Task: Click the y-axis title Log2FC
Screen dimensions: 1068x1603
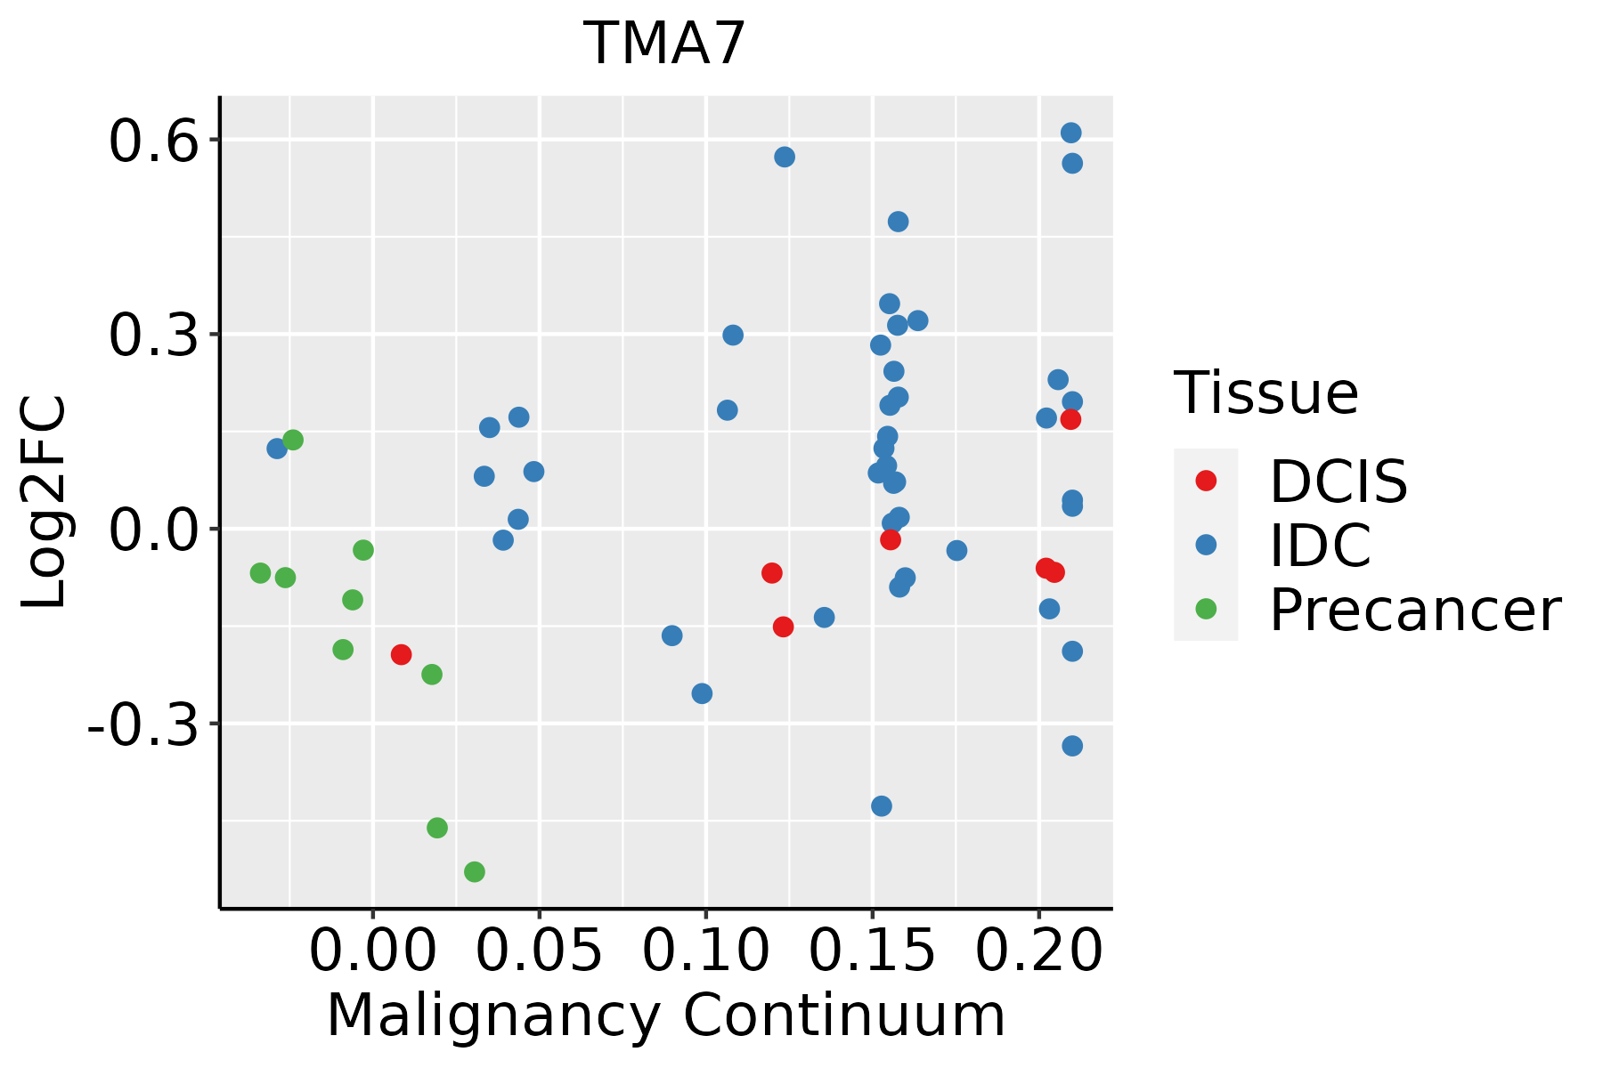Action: [45, 502]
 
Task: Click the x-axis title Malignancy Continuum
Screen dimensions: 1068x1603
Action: [666, 1016]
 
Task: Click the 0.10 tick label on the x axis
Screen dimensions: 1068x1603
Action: [705, 951]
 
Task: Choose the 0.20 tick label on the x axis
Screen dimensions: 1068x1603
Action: [1038, 951]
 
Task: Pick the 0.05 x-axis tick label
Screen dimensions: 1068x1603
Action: [539, 951]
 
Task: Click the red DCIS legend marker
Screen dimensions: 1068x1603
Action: [1206, 481]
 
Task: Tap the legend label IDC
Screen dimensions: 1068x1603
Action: [1320, 546]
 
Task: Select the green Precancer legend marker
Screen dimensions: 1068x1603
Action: [1206, 609]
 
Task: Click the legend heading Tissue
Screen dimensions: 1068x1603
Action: [1265, 392]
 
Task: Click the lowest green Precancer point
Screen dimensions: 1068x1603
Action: [475, 871]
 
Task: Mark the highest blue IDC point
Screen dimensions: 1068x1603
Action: [1071, 133]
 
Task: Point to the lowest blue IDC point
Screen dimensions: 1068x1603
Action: [882, 806]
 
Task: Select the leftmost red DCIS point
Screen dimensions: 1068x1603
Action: [402, 655]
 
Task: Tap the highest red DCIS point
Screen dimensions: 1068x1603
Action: [1070, 419]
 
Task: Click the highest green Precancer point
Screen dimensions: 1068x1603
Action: [293, 440]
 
